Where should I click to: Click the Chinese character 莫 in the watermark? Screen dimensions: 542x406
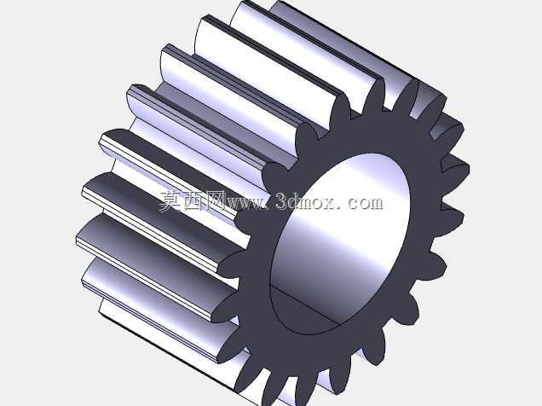click(170, 201)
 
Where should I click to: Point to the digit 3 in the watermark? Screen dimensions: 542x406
click(282, 201)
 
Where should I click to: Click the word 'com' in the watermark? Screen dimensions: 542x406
click(365, 203)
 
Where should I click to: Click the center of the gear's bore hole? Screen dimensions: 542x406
click(340, 244)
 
